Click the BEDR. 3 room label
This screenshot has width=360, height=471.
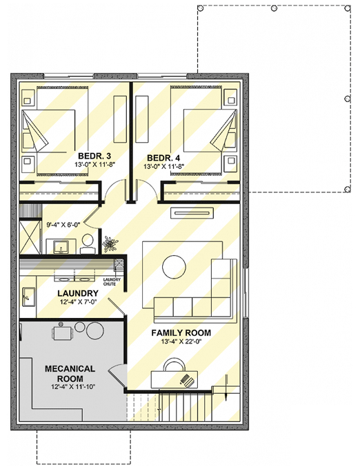point(90,156)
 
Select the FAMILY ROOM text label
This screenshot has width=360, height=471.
point(181,333)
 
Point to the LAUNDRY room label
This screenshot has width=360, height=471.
point(77,293)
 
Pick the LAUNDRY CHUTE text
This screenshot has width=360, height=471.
point(112,281)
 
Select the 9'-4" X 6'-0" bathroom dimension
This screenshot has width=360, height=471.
point(64,224)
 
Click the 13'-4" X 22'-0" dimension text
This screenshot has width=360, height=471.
point(181,342)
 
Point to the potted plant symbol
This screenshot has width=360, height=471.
point(110,243)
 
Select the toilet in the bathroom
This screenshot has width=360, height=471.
point(88,241)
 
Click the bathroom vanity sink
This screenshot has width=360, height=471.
point(59,245)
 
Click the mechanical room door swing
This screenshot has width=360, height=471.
point(117,372)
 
